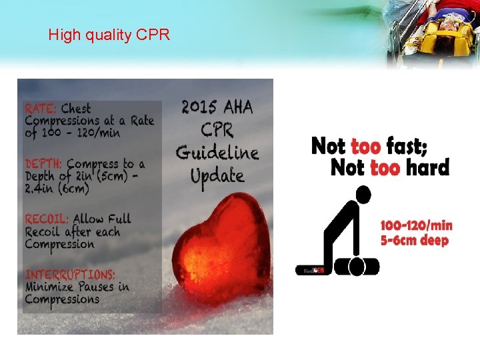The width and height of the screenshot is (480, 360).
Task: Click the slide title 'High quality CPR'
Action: [x=109, y=35]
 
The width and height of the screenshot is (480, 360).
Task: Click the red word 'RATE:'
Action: [x=41, y=108]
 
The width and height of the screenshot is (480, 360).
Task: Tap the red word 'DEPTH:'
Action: [x=44, y=163]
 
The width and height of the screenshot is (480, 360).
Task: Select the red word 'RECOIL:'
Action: [x=47, y=219]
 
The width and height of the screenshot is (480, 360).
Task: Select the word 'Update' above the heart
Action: [x=217, y=176]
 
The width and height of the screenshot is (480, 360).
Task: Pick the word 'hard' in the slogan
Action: [x=427, y=167]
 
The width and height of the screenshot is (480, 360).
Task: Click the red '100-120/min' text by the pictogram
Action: [x=417, y=226]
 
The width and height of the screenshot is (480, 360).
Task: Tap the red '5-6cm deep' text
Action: [x=415, y=240]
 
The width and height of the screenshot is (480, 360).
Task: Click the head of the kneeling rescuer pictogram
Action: [x=363, y=195]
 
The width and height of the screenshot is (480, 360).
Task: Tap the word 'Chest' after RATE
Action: [x=76, y=108]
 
